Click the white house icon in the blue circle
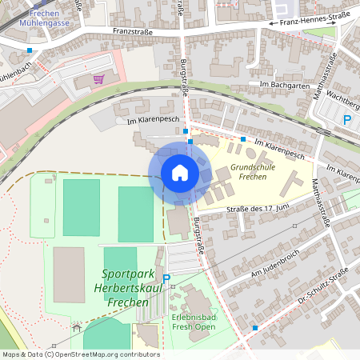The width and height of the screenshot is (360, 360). coord(180,173)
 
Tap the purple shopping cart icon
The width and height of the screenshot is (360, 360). coord(98,79)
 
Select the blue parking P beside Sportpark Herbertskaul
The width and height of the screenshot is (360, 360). coord(166,278)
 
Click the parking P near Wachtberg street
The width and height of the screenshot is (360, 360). coord(347,120)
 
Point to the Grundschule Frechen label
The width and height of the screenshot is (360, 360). coord(252,172)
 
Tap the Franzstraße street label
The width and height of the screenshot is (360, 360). coord(132,31)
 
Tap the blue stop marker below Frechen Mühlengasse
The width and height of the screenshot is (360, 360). coord(30,50)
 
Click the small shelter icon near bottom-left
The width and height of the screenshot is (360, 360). coord(77,327)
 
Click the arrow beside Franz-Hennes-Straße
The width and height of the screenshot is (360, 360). coord(274,24)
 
